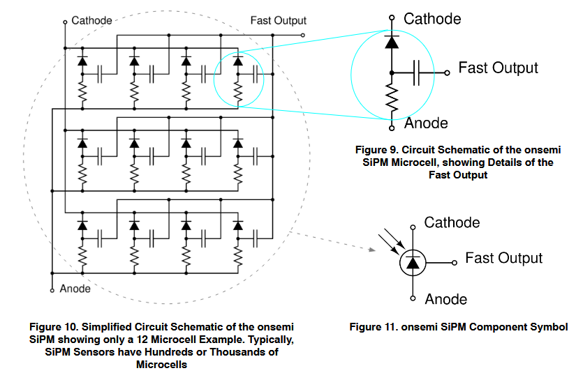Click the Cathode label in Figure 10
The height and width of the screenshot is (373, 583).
pyautogui.click(x=91, y=20)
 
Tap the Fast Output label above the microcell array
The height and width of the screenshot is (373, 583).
pyautogui.click(x=278, y=20)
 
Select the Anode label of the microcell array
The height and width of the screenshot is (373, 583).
pyautogui.click(x=75, y=289)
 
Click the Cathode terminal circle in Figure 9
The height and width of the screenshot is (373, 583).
pyautogui.click(x=392, y=17)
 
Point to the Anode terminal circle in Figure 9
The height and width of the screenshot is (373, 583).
pyautogui.click(x=392, y=128)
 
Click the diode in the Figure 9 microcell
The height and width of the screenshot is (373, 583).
pyautogui.click(x=392, y=42)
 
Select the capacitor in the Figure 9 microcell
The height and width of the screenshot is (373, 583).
pyautogui.click(x=416, y=73)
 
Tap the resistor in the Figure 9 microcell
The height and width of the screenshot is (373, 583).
pyautogui.click(x=392, y=97)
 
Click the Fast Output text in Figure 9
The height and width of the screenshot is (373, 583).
pyautogui.click(x=498, y=68)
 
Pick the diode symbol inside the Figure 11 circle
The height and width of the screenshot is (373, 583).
pyautogui.click(x=413, y=262)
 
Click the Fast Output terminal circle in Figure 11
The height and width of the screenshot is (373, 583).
pyautogui.click(x=455, y=263)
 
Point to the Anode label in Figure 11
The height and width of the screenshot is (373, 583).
pyautogui.click(x=445, y=299)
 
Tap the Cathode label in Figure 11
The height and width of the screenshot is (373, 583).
pyautogui.click(x=452, y=222)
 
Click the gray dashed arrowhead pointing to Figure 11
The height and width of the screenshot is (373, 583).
pyautogui.click(x=372, y=250)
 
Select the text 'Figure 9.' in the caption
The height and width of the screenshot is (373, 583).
pyautogui.click(x=376, y=150)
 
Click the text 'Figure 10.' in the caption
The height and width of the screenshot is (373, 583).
pyautogui.click(x=54, y=327)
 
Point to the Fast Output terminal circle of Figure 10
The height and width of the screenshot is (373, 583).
pyautogui.click(x=302, y=36)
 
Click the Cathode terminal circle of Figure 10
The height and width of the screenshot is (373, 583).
pyautogui.click(x=65, y=22)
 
